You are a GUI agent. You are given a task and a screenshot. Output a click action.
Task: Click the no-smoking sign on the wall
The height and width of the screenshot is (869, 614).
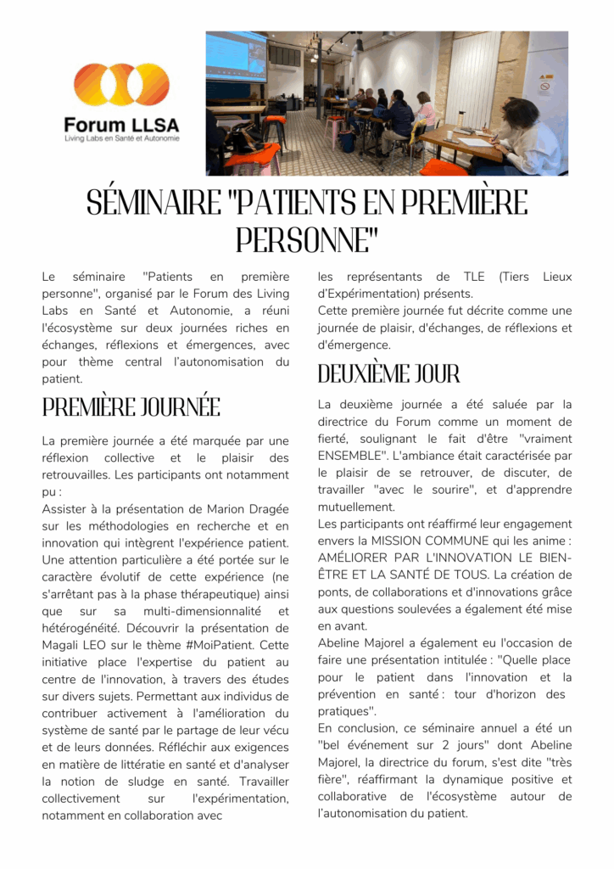pos(545,84)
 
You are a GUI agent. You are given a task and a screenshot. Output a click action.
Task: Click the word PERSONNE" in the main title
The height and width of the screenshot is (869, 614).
pos(306,240)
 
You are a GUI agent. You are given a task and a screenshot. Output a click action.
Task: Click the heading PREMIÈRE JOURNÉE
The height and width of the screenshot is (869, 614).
pos(131,407)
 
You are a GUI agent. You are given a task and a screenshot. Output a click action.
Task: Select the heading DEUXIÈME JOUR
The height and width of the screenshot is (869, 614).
pos(389,373)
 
